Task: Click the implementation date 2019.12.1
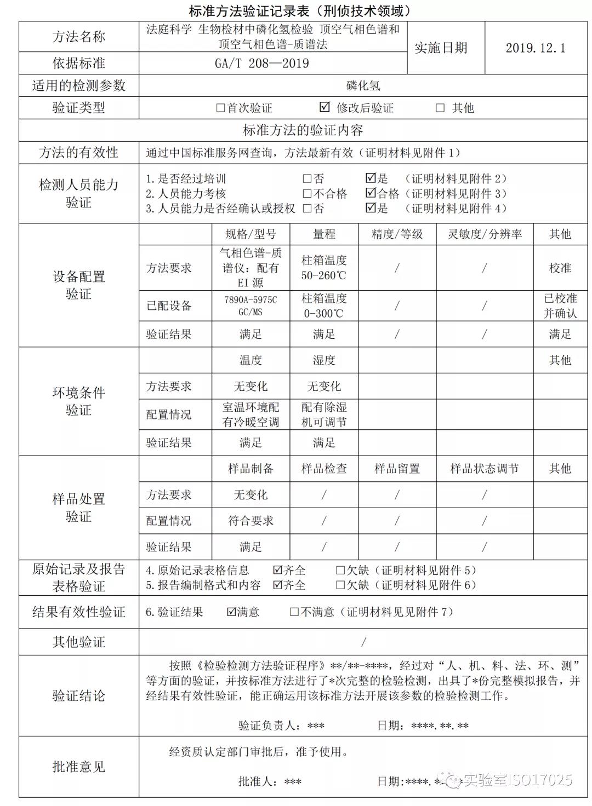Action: point(535,48)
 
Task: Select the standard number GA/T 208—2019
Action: point(261,64)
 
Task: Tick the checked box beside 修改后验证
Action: point(325,107)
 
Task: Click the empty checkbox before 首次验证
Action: point(221,108)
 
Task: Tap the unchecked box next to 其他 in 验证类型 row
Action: point(440,108)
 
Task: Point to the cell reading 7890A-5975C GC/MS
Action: point(251,306)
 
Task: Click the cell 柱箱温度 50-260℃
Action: point(324,268)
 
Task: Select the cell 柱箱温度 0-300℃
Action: point(324,306)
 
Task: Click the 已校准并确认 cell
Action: point(560,306)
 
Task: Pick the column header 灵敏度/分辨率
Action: point(485,234)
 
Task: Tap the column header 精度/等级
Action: point(397,234)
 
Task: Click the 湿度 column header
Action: point(324,360)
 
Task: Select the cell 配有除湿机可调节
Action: point(324,414)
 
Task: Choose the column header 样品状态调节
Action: point(485,469)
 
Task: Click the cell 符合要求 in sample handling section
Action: point(251,521)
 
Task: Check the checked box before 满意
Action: point(231,612)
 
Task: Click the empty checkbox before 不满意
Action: point(295,612)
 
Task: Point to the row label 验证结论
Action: point(78,696)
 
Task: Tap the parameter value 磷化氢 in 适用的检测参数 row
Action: point(363,86)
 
